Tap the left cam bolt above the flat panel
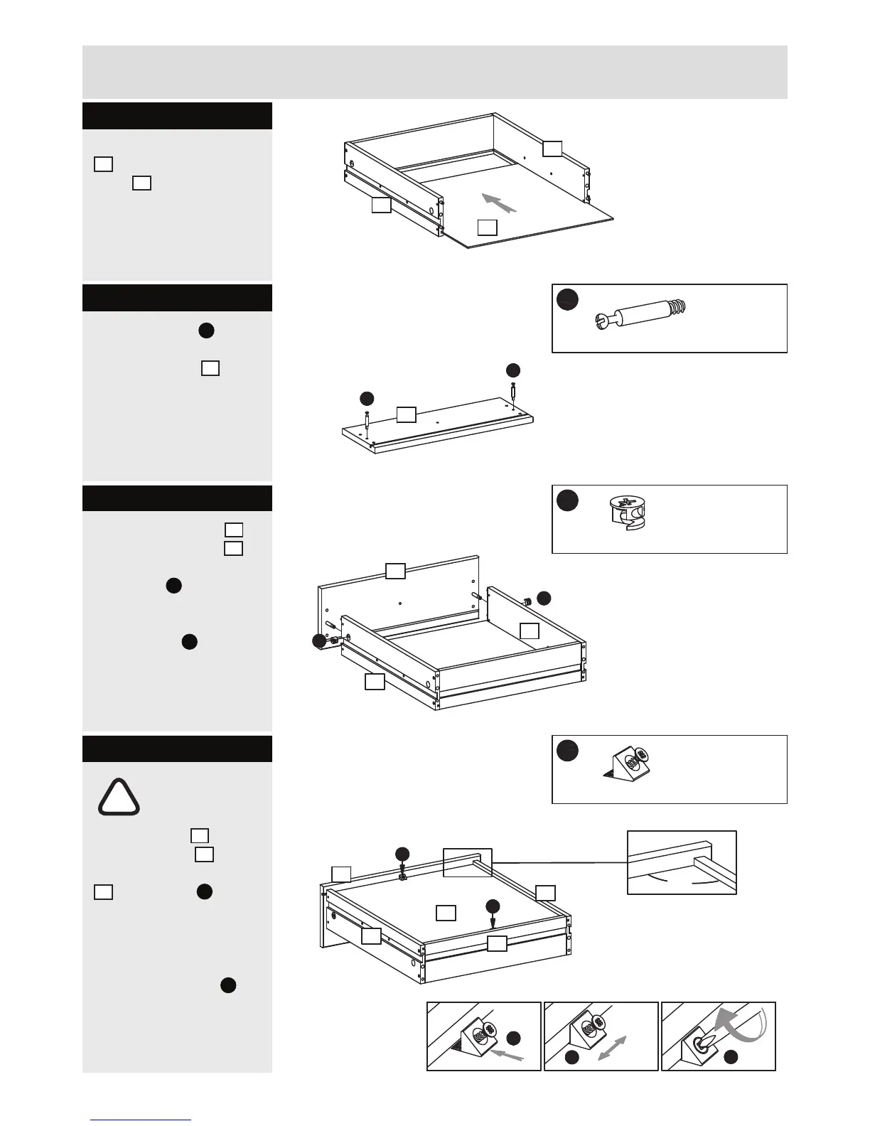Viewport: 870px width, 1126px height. point(367,422)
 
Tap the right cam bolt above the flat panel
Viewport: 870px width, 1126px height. point(513,392)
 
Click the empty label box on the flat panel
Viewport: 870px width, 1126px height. point(406,414)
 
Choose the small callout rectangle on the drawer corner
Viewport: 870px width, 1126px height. point(467,862)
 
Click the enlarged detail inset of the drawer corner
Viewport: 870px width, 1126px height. point(682,862)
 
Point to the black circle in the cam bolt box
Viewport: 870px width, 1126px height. point(567,299)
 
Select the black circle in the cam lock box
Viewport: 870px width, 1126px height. point(567,500)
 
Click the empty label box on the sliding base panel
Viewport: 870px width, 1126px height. point(487,227)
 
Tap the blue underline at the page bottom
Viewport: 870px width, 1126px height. point(141,1120)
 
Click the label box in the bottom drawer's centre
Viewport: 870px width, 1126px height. point(446,913)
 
